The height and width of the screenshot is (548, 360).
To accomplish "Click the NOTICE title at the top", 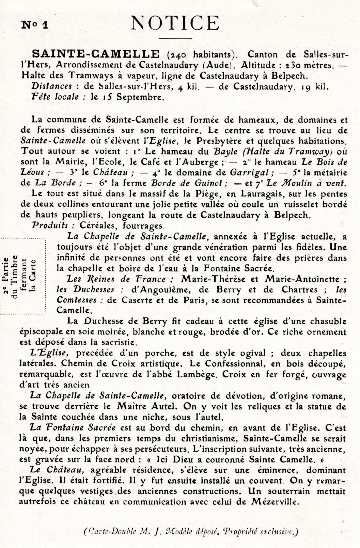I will click(175, 23).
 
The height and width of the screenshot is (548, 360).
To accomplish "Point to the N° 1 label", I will click(35, 26).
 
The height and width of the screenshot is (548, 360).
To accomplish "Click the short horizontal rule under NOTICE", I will click(175, 38).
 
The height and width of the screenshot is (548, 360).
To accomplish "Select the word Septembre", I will click(140, 97).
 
